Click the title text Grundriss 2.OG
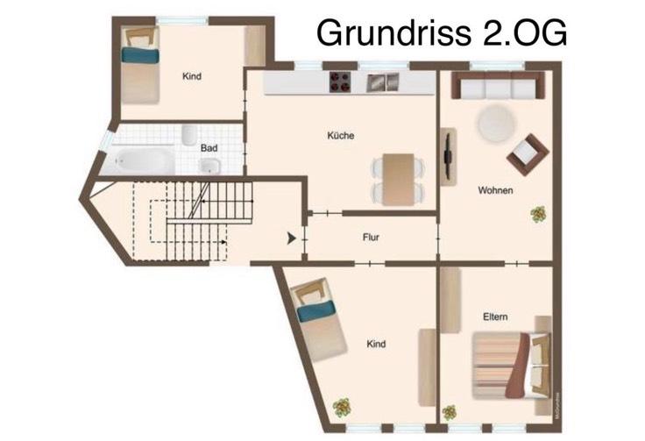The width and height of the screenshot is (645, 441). point(441,33)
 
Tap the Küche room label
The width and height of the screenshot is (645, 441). point(340,136)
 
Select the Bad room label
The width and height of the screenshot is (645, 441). point(209,148)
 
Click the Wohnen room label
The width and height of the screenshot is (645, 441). point(495,190)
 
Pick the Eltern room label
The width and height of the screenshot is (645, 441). point(495,317)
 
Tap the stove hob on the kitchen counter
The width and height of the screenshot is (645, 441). point(340,82)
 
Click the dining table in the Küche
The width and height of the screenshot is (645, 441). point(396,167)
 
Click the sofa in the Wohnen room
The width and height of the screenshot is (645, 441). point(496,86)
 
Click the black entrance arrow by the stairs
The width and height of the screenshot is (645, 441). point(291,237)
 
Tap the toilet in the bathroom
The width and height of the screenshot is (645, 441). point(189,134)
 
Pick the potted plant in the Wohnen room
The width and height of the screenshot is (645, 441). point(537,213)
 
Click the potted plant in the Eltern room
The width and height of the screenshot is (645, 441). point(450,411)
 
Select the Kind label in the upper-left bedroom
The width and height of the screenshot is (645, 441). point(192,76)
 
